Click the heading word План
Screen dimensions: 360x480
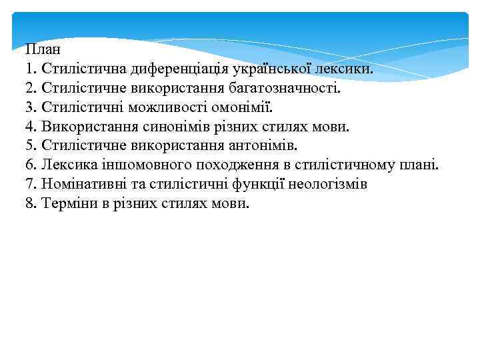click(x=43, y=49)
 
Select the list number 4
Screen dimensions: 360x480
click(x=29, y=126)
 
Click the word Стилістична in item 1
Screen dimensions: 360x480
click(x=85, y=68)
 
